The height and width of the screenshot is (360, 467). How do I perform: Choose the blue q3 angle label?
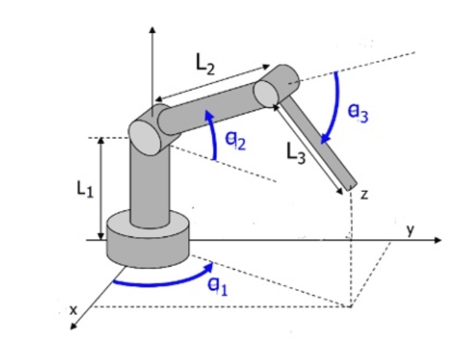coord(358,113)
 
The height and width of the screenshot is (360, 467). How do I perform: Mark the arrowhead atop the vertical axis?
coord(152,29)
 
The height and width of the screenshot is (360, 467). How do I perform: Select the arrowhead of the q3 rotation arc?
coord(326,139)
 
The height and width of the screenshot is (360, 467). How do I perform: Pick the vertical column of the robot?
coord(148,185)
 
